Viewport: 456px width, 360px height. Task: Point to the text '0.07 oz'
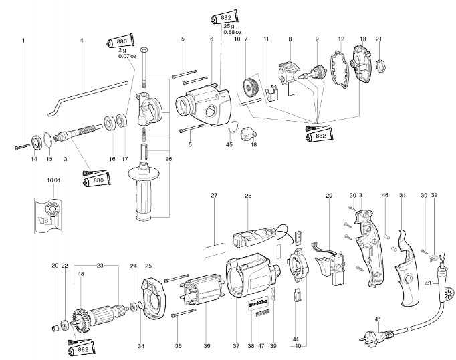[127, 56]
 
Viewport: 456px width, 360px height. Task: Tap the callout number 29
[328, 195]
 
